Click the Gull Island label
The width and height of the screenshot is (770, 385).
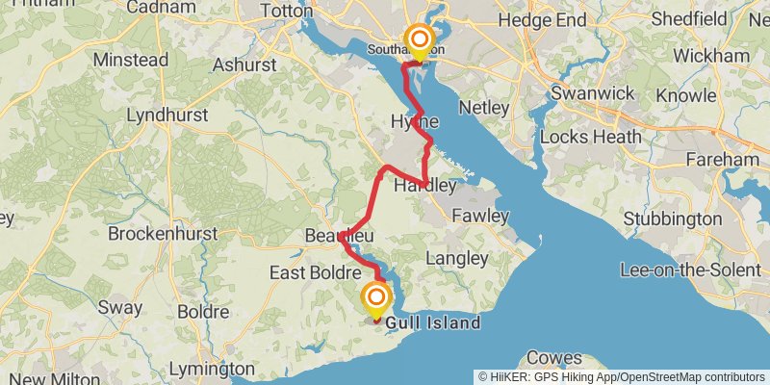pos(433,323)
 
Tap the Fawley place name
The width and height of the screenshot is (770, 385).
pos(479,216)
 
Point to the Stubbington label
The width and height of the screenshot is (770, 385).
pos(673,219)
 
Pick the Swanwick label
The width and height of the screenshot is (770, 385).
pos(592,94)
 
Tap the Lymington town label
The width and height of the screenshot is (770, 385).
pos(212,369)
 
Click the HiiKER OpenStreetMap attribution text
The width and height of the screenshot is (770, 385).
pos(622,376)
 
